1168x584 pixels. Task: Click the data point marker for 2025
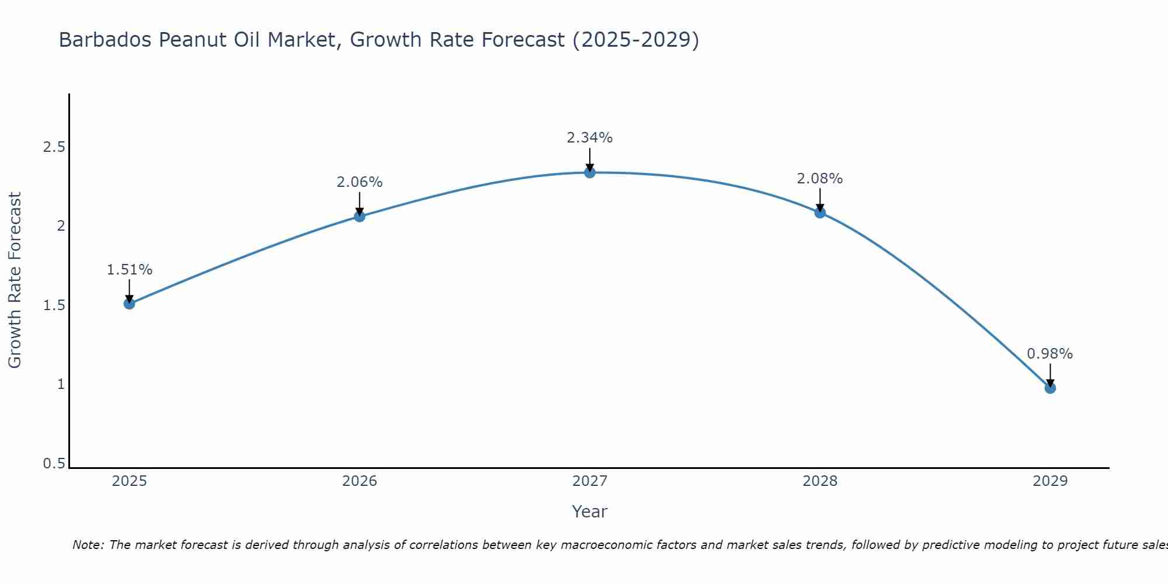click(130, 304)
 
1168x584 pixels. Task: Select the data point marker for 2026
click(360, 217)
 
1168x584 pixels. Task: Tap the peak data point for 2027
click(590, 172)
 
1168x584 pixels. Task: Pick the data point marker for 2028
click(820, 213)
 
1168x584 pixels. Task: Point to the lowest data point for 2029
click(1050, 388)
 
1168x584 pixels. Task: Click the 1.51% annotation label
click(130, 270)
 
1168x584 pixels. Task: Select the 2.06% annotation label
click(360, 182)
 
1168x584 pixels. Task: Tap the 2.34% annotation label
click(590, 138)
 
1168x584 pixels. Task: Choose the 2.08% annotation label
click(820, 179)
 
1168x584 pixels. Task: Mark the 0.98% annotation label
click(1050, 354)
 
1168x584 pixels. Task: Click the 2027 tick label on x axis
click(590, 481)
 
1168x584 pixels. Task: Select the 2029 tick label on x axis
click(1050, 481)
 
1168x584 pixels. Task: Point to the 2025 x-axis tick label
click(130, 481)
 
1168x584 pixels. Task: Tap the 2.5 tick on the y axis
click(54, 147)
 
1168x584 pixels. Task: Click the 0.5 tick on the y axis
click(54, 464)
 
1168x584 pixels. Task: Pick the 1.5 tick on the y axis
click(54, 305)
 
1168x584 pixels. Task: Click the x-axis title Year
click(590, 512)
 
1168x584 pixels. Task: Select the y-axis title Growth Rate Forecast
click(15, 280)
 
